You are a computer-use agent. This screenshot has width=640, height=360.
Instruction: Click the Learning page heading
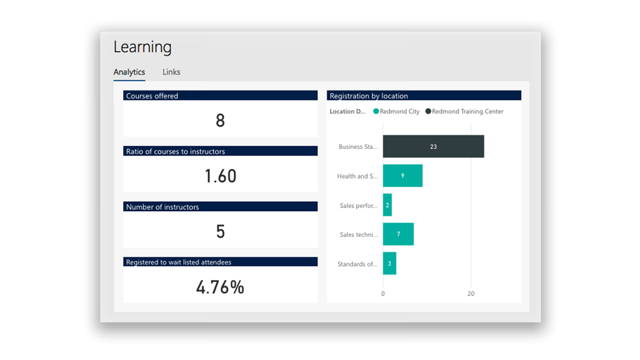pos(142,47)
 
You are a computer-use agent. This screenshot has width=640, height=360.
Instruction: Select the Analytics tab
pos(129,72)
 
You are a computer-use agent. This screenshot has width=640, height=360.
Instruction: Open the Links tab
pos(171,72)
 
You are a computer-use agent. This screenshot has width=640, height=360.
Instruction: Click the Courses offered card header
pos(152,96)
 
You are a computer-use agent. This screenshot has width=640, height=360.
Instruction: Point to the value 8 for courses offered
pos(220,121)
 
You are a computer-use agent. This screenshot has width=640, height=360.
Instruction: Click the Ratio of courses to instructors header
pos(175,151)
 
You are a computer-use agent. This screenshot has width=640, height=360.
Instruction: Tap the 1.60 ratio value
pos(220,176)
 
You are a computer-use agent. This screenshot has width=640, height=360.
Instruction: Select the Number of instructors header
pos(162,207)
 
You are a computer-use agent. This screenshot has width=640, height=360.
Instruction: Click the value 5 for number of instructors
pos(220,231)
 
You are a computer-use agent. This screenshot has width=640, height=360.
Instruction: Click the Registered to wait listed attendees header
pos(179,262)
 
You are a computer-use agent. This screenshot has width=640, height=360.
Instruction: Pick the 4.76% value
pos(220,287)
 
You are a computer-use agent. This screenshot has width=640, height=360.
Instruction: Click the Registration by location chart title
pos(369,96)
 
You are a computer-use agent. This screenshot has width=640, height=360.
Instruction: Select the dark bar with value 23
pos(433,146)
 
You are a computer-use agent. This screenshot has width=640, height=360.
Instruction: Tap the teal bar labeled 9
pos(403,175)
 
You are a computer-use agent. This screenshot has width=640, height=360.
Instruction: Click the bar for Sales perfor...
pos(387,205)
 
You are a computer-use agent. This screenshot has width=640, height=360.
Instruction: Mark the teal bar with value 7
pos(398,234)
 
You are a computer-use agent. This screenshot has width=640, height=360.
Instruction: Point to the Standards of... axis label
pos(357,264)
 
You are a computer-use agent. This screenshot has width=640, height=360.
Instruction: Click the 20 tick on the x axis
pos(470,294)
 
